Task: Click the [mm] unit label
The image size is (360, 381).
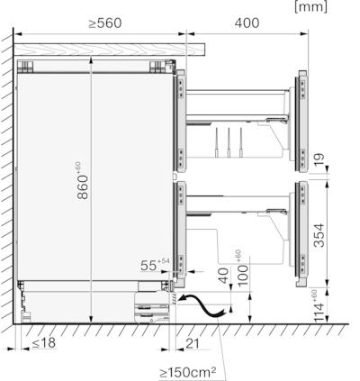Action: pyautogui.click(x=310, y=6)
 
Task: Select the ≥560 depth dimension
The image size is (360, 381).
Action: pyautogui.click(x=105, y=23)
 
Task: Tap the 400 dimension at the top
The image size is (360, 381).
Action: pyautogui.click(x=247, y=23)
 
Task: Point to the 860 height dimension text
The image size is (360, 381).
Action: pyautogui.click(x=82, y=180)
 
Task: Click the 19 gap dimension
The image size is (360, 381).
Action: pyautogui.click(x=319, y=160)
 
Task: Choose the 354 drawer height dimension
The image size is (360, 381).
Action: pyautogui.click(x=319, y=235)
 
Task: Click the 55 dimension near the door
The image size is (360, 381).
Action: pyautogui.click(x=155, y=264)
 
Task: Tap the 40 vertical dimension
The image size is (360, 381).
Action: pyautogui.click(x=223, y=276)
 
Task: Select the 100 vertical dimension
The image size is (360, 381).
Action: pyautogui.click(x=241, y=268)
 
